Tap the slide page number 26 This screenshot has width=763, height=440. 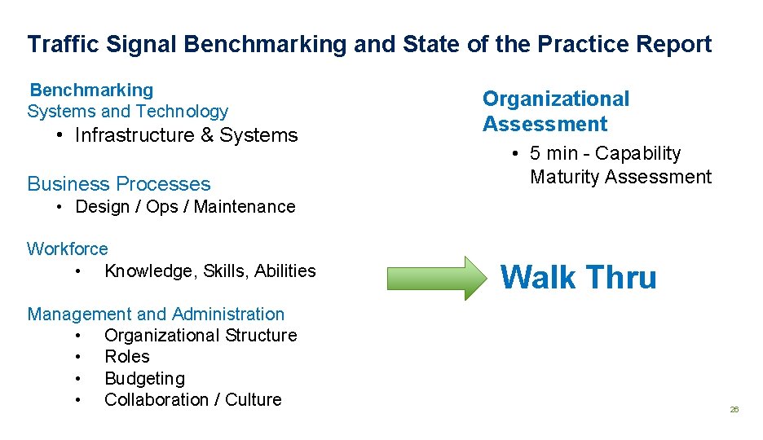734,409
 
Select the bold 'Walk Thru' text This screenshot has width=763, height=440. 578,278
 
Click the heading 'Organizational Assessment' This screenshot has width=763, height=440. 555,112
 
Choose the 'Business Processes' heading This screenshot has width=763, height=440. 119,184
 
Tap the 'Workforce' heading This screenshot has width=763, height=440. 67,249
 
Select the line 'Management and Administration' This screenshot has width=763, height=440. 156,314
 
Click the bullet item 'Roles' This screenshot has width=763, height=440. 127,357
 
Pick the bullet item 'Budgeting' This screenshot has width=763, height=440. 144,379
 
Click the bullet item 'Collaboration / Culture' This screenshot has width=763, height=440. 192,400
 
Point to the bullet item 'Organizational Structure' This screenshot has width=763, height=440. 201,336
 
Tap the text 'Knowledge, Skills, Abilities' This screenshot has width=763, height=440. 209,271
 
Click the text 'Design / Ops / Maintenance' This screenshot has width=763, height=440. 185,207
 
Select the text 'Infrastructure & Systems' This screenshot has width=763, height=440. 186,135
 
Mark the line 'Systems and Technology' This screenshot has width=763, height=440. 128,112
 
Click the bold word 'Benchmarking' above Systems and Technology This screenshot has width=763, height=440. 91,90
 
